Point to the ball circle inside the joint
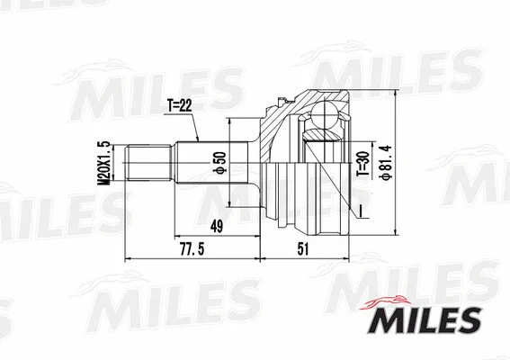tap(327, 116)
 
